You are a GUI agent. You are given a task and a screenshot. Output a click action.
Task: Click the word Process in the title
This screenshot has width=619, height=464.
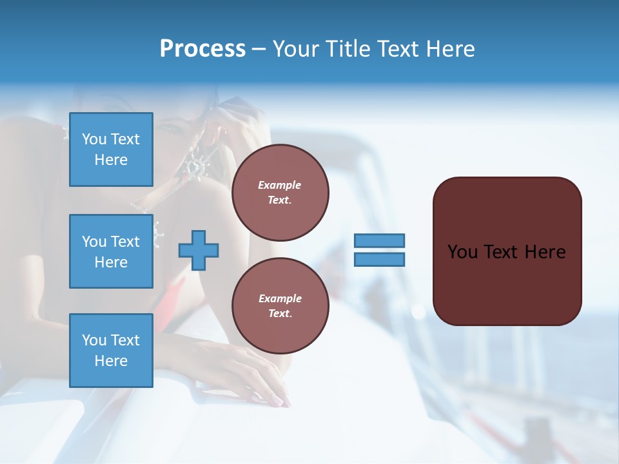pyautogui.click(x=202, y=49)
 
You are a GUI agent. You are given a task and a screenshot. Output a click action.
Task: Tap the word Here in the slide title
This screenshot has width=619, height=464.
pyautogui.click(x=451, y=49)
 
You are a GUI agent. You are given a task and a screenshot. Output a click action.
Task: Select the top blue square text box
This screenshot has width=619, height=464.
pyautogui.click(x=111, y=150)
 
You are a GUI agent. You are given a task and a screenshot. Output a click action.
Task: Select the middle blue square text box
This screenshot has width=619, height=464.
pyautogui.click(x=111, y=251)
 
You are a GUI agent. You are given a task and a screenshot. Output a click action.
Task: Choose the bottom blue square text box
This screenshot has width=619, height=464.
pyautogui.click(x=111, y=351)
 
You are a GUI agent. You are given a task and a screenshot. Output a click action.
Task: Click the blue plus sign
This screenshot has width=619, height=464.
pyautogui.click(x=199, y=250)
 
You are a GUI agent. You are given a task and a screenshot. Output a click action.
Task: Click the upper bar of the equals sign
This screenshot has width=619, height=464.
pyautogui.click(x=379, y=240)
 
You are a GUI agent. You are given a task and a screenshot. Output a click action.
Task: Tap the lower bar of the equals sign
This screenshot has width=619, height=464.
pyautogui.click(x=379, y=259)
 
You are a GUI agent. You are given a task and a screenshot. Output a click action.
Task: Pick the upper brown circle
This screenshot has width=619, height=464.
pyautogui.click(x=280, y=193)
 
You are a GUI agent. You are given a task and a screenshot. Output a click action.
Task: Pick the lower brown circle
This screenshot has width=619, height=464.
pyautogui.click(x=280, y=306)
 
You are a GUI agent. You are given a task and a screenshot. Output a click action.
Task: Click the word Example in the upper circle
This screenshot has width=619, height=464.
pyautogui.click(x=279, y=185)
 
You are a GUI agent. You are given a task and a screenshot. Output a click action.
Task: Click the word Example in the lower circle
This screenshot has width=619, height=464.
pyautogui.click(x=280, y=298)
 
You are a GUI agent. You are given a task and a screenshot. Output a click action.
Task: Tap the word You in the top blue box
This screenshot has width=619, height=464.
pyautogui.click(x=94, y=139)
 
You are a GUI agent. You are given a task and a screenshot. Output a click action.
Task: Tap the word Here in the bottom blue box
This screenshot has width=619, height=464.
pyautogui.click(x=111, y=361)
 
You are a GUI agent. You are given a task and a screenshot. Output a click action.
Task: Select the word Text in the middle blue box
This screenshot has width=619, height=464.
pyautogui.click(x=124, y=242)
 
